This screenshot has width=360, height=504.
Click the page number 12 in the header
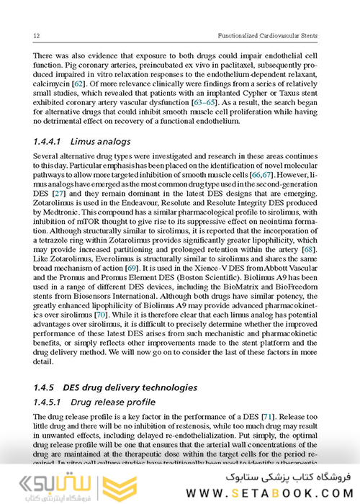pyautogui.click(x=27, y=36)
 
